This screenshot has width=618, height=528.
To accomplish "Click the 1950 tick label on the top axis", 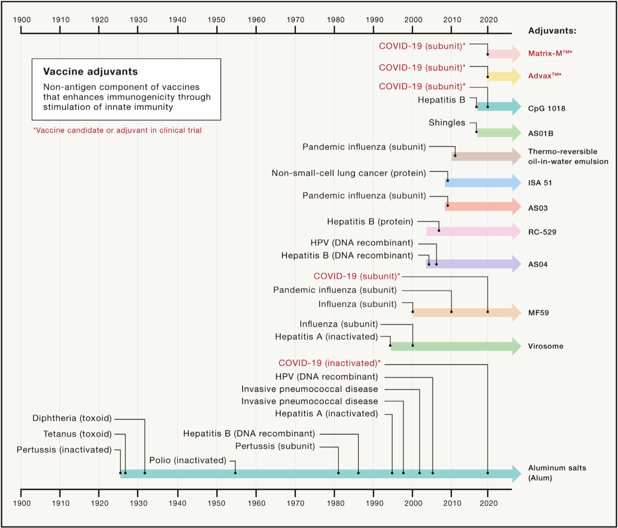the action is (216, 19).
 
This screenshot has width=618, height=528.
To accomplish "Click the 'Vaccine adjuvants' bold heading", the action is (90, 72).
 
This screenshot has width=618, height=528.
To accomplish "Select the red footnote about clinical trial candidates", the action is (117, 130).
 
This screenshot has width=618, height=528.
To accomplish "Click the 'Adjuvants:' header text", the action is (552, 31).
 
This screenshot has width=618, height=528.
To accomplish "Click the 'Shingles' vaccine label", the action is (447, 122).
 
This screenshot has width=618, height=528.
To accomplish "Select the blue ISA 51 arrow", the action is (483, 182).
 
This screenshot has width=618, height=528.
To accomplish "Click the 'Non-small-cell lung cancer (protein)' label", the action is (349, 173).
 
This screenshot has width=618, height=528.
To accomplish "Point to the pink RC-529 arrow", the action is (474, 231).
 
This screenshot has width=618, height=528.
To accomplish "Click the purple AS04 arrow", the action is (474, 264).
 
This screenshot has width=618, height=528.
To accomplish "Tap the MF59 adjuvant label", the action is (538, 313).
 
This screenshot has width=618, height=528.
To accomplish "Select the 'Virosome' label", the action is (546, 346).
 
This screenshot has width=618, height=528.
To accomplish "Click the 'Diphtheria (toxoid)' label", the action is (72, 418).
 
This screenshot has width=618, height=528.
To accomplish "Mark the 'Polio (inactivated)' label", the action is (188, 460).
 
